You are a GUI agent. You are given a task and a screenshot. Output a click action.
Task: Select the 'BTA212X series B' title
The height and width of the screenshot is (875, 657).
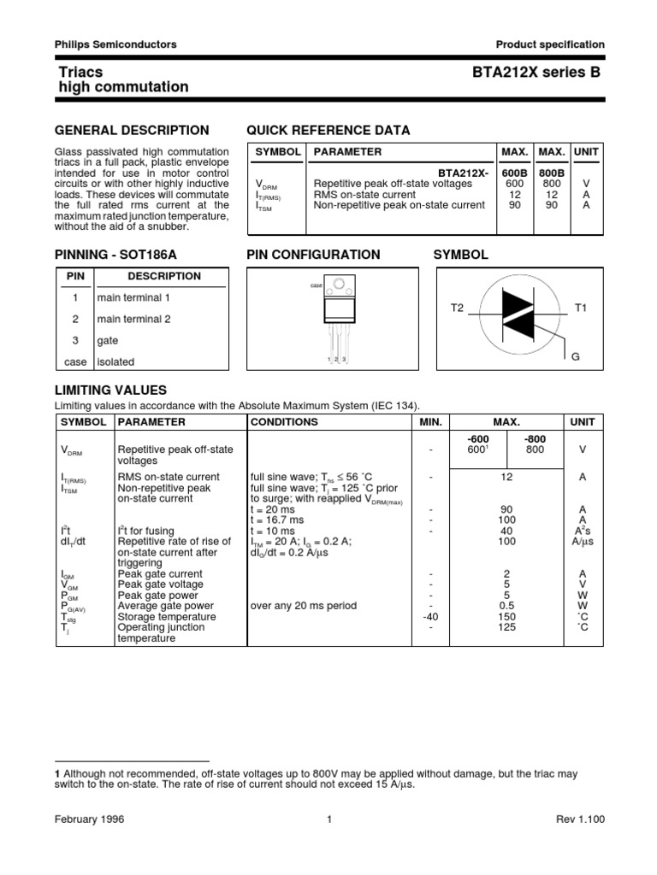tap(536, 73)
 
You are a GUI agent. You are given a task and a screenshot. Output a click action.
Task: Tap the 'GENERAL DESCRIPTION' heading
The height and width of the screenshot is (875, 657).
tap(132, 130)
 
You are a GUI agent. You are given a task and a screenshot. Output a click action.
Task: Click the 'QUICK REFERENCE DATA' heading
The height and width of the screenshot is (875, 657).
tap(328, 130)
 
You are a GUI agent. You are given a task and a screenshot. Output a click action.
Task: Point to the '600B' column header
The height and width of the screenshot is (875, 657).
tap(514, 172)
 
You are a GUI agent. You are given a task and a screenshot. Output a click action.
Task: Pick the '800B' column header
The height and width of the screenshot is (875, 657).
tap(551, 172)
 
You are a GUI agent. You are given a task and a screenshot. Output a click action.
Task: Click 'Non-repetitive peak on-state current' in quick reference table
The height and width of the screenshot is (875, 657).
tap(400, 206)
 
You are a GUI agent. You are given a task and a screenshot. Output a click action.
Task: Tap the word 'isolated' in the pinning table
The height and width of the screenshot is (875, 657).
tap(115, 361)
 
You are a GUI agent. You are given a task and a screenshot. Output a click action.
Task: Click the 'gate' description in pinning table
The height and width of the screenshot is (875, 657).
tap(108, 340)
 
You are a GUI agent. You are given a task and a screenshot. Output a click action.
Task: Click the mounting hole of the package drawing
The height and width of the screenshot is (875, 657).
tap(340, 284)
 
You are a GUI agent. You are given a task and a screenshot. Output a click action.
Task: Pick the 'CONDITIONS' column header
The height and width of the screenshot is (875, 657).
tap(284, 421)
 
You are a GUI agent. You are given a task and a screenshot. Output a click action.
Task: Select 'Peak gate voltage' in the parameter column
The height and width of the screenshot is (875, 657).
tap(160, 584)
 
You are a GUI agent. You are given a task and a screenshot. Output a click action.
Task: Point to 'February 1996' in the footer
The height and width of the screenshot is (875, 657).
tap(90, 819)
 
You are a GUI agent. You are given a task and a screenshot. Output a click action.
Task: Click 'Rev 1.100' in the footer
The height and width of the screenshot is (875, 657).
tap(580, 819)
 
